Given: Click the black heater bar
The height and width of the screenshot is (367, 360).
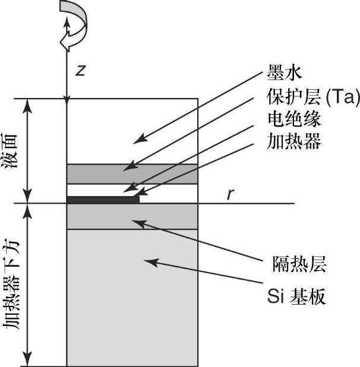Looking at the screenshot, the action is coord(103,200).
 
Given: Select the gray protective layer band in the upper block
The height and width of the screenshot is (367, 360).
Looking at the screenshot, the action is coord(132,174).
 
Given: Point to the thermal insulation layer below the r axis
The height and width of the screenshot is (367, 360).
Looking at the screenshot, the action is coord(132,216).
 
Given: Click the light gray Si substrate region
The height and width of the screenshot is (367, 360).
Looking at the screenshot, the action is coord(132,297).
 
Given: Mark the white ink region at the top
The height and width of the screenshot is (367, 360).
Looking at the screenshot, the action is coord(132,131).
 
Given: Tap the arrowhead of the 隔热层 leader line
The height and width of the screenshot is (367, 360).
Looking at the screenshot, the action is coord(134,222).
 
